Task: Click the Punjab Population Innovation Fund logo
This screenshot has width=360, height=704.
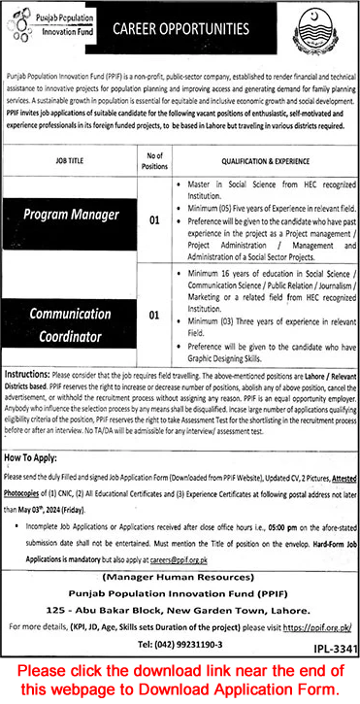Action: coord(51,21)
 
